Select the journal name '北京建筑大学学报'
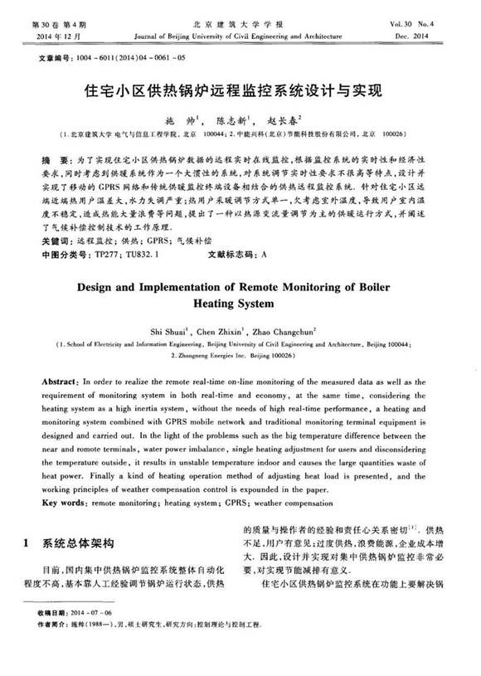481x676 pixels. pos(240,25)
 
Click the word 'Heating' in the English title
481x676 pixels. pos(216,302)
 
